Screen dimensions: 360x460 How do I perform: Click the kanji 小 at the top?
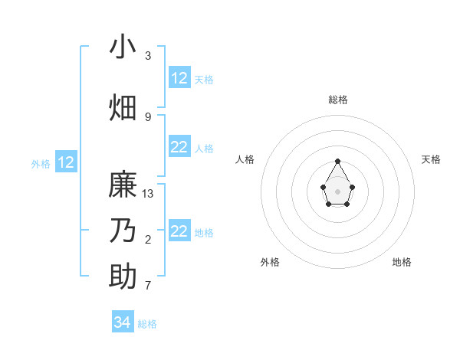(x=123, y=47)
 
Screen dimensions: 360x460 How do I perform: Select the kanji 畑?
(x=123, y=107)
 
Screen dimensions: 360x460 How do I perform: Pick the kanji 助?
(x=123, y=276)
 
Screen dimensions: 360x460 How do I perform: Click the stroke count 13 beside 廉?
(x=148, y=194)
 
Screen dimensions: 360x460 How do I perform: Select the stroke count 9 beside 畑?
(x=148, y=116)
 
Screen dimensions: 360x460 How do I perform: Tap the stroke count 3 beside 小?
(x=148, y=56)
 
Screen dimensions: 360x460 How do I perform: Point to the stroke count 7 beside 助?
(x=148, y=285)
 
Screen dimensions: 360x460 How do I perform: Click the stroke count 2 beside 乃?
(x=148, y=240)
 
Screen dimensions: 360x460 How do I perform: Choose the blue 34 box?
(x=123, y=322)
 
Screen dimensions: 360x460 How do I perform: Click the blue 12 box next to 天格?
(x=179, y=78)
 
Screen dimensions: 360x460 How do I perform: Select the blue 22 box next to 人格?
(x=179, y=147)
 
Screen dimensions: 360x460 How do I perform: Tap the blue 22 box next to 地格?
(x=179, y=231)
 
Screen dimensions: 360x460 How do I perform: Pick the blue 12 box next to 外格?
(x=66, y=162)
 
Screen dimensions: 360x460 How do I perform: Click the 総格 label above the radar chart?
(x=338, y=100)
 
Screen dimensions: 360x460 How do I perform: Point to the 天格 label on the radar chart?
(x=431, y=159)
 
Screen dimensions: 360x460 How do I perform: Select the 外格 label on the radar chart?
(x=270, y=262)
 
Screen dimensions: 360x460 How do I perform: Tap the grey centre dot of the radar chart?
(x=338, y=191)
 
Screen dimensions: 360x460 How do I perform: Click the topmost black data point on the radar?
(x=338, y=161)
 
